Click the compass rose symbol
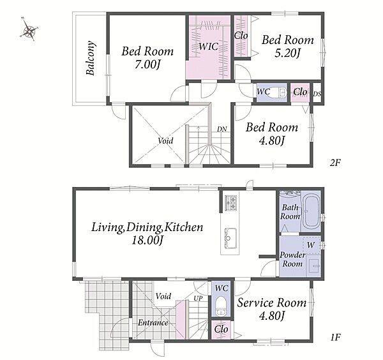click(29, 30)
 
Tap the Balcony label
click(90, 58)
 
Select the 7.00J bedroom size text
click(147, 65)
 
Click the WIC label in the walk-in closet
click(208, 46)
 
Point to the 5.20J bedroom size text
click(287, 53)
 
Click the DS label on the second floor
click(317, 94)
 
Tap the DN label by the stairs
click(222, 129)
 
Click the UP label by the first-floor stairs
click(198, 298)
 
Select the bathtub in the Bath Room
click(311, 211)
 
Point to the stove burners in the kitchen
click(231, 202)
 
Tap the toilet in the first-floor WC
click(222, 305)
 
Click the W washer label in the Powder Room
click(311, 244)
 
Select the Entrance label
click(153, 322)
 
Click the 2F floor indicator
click(335, 163)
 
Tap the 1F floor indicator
click(335, 337)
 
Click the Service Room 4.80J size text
click(272, 317)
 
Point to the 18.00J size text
click(147, 241)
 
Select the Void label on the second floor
click(165, 140)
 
